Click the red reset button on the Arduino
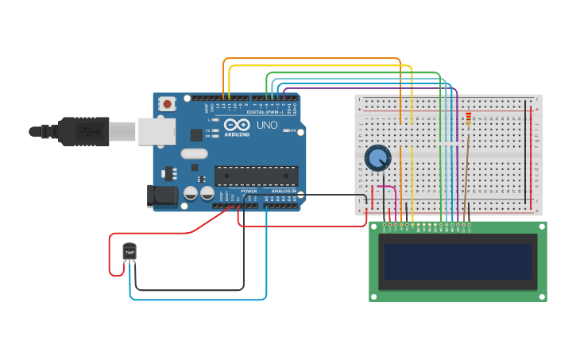point(167,104)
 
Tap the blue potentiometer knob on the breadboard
point(377,158)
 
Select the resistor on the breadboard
point(468,119)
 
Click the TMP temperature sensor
point(130,252)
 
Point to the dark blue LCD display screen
point(457,261)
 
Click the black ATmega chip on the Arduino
point(256,176)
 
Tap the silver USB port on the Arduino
point(157,132)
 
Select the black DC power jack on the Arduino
point(164,195)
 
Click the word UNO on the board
point(266,126)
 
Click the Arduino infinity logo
point(237,125)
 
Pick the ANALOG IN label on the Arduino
point(284,192)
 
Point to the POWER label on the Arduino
point(249,192)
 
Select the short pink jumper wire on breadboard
point(386,188)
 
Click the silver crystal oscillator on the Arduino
point(194,153)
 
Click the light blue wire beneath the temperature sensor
point(199,300)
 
